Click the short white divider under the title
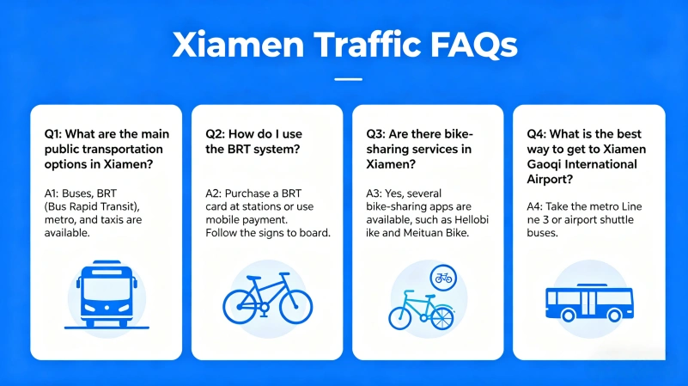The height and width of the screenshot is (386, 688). point(347,79)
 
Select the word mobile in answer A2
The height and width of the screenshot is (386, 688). point(223,219)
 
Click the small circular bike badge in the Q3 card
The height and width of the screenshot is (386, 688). point(443,278)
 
